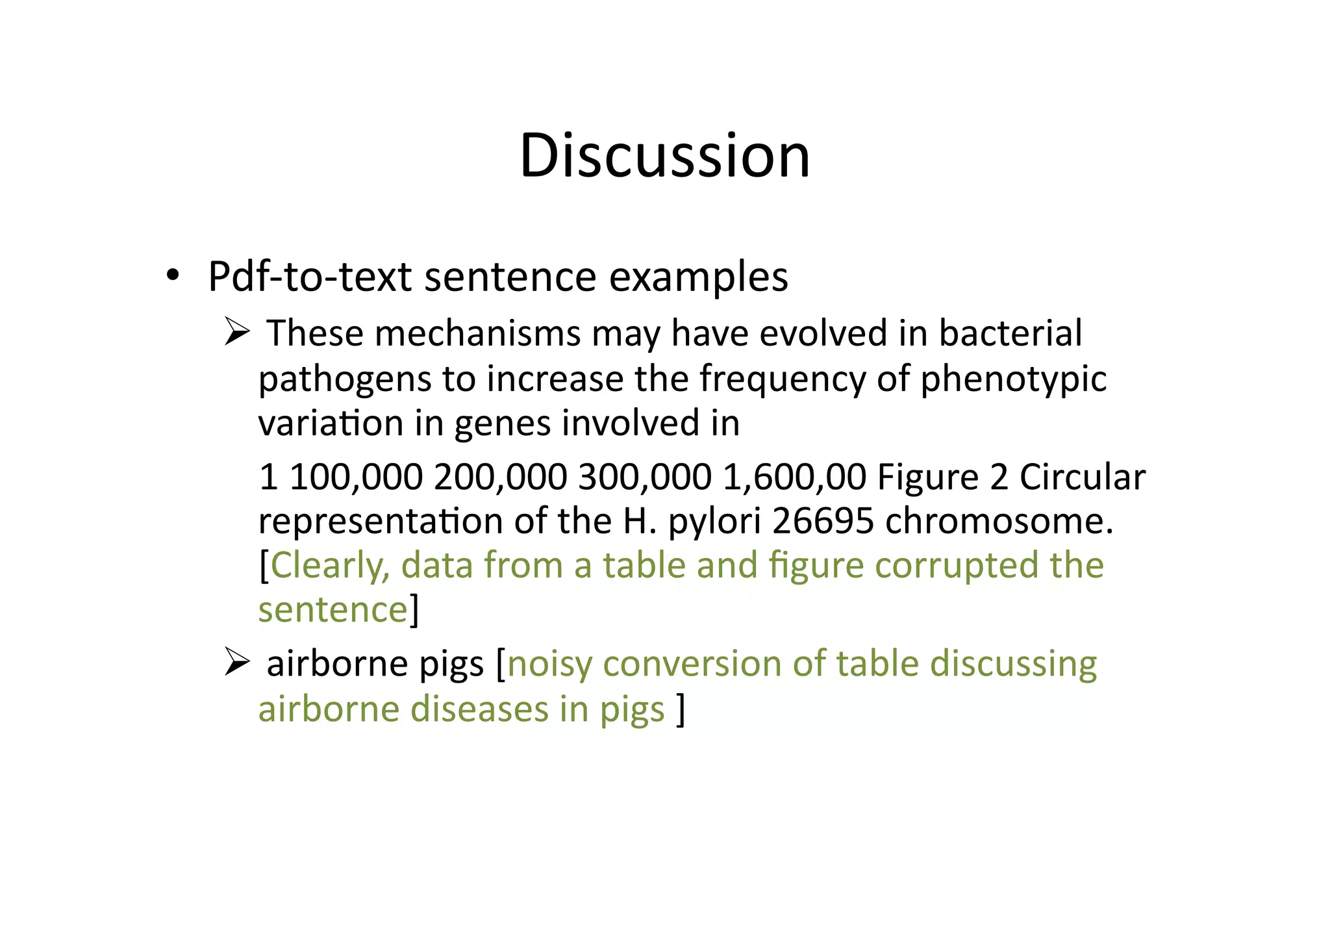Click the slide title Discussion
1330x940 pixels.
tap(664, 155)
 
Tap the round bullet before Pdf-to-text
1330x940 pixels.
tap(171, 276)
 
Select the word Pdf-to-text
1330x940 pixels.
tap(310, 277)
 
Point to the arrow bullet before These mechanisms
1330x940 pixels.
tap(237, 333)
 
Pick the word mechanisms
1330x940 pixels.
tap(477, 333)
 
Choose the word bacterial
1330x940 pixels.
tap(1010, 333)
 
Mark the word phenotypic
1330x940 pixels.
tap(1013, 380)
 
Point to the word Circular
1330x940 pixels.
tap(1082, 477)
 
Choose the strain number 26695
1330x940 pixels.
tap(823, 522)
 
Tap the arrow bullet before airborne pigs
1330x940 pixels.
tap(237, 663)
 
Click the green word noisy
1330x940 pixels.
tap(549, 665)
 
